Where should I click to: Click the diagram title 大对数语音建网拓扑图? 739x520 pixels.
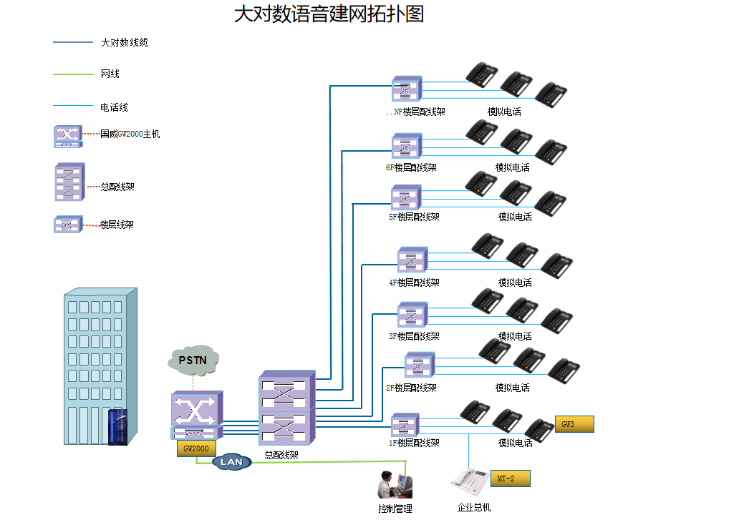pos(329,14)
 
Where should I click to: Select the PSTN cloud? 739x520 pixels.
pos(193,360)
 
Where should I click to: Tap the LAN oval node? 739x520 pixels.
pos(231,462)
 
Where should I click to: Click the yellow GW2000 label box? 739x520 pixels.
pos(196,448)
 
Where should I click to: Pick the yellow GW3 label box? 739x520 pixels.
pos(574,424)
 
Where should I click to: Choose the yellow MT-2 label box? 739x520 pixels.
pos(510,479)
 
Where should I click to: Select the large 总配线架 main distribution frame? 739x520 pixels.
pos(286,409)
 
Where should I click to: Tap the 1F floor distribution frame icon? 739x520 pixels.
pos(405,425)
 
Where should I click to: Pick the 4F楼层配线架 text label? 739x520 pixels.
pos(415,283)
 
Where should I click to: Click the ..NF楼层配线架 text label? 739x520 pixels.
pos(415,112)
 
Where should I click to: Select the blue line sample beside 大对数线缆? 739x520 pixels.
pos(72,43)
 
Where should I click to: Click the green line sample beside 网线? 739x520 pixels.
pos(72,74)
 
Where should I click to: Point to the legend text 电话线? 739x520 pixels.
pos(114,107)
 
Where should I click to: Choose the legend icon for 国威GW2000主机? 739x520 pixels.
pos(68,136)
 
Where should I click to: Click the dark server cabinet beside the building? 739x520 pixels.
pos(117,427)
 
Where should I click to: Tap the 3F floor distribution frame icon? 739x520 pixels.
pos(412,315)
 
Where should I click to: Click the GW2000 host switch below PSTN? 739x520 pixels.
pos(197,414)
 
